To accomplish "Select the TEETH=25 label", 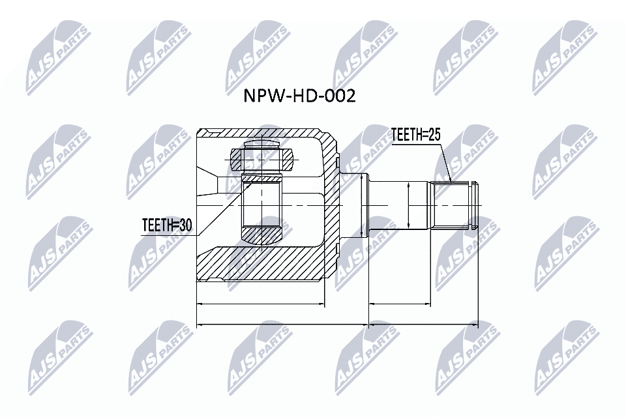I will (416, 136).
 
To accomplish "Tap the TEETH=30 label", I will (168, 225).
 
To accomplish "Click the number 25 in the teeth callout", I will (434, 136).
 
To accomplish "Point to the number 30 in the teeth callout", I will (186, 225).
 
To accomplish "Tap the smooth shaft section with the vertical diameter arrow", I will (398, 205).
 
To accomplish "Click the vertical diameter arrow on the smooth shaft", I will (408, 205).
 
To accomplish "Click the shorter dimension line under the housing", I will (260, 304).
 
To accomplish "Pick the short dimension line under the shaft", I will (399, 304).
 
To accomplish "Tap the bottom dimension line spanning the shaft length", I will (423, 323).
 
